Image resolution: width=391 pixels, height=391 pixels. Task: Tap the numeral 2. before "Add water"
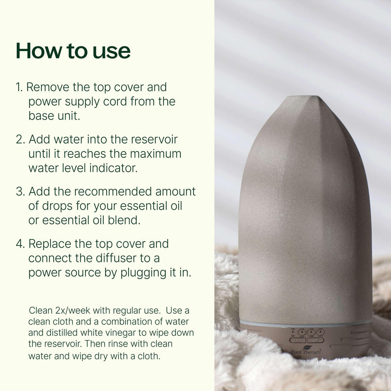(x=20, y=139)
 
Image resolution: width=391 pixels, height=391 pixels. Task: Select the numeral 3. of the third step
(x=20, y=191)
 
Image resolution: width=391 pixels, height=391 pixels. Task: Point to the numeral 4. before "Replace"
(x=20, y=243)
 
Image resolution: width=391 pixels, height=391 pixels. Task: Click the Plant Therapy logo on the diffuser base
(x=306, y=350)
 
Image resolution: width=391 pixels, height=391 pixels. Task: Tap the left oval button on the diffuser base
(x=298, y=340)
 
